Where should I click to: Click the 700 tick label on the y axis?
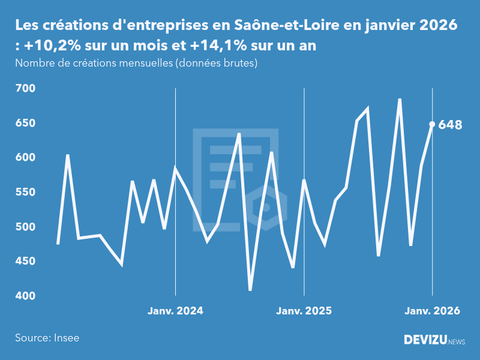25,88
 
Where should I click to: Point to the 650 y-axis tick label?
25,123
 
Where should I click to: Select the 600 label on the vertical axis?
25,157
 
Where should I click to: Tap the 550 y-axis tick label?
25,192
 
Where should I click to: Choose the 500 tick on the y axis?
25,227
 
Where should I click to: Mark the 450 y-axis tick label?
25,261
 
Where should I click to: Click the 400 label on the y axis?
25,296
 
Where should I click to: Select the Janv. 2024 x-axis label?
175,311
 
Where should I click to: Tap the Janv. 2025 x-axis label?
304,311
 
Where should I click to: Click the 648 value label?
450,125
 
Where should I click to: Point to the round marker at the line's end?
432,124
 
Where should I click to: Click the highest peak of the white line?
400,99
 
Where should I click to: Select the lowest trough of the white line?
250,290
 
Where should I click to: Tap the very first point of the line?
58,244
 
